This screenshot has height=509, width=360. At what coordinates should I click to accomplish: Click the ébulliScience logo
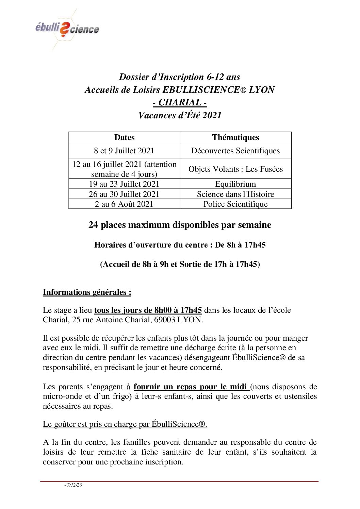pos(67,29)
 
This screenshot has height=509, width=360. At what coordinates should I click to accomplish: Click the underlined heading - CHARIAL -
pos(180,102)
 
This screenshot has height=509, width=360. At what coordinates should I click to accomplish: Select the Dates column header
pos(124,137)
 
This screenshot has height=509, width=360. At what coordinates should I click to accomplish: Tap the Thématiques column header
pos(235,137)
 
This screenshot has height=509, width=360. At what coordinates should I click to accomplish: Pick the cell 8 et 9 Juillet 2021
pos(124,151)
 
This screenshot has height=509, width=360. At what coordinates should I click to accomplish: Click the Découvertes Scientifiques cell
pos(235,151)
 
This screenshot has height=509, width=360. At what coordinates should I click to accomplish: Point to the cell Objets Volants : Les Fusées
pos(235,169)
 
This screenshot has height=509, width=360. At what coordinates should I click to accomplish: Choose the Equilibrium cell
pos(235,184)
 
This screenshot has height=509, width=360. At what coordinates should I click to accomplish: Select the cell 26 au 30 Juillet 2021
pos(124,194)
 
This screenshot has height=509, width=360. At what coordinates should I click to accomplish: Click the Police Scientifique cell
pos(235,204)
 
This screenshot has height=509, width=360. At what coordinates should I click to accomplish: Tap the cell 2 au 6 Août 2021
pos(124,204)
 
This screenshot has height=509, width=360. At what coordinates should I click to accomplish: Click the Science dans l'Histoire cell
pos(235,194)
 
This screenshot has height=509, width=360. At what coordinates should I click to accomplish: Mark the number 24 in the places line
pos(93,225)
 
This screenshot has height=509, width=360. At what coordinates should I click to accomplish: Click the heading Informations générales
pos(87,292)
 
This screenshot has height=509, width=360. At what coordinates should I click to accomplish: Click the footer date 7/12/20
pos(74,485)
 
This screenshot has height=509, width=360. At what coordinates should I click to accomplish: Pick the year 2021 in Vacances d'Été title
pos(212,115)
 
